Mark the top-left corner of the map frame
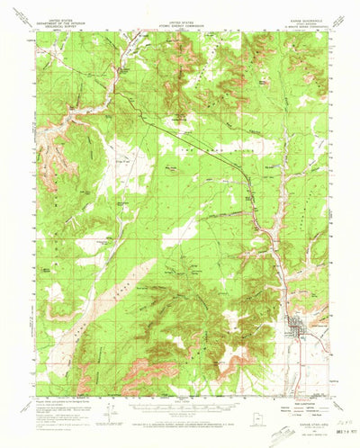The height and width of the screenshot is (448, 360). pyautogui.click(x=37, y=35)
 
